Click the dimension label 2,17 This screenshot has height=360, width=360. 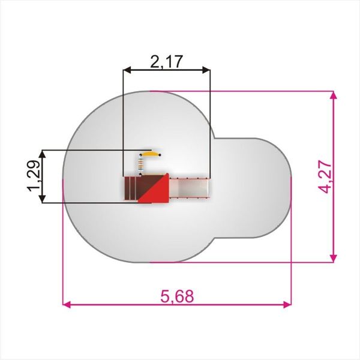167,62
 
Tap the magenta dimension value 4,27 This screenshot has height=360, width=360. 325,177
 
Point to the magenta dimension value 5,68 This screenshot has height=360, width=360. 177,296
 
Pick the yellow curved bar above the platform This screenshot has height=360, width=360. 150,153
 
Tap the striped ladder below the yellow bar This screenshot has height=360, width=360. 141,165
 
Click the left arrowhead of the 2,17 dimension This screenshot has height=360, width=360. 127,70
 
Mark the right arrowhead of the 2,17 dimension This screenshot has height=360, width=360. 206,70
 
